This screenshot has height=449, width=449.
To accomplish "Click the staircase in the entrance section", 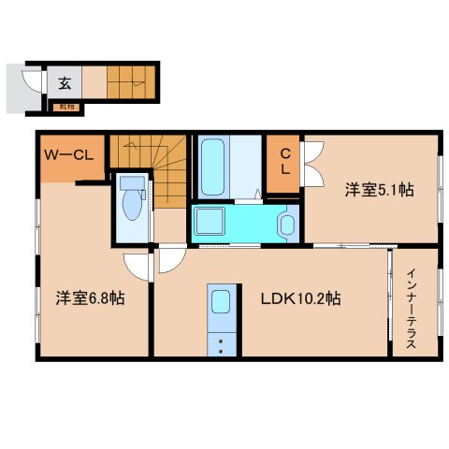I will tap(131, 81).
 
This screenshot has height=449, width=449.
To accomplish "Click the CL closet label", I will tap(283, 165).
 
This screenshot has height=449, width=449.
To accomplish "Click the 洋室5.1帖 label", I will tap(378, 190).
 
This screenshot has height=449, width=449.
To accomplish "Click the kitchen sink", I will tap(221, 302).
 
